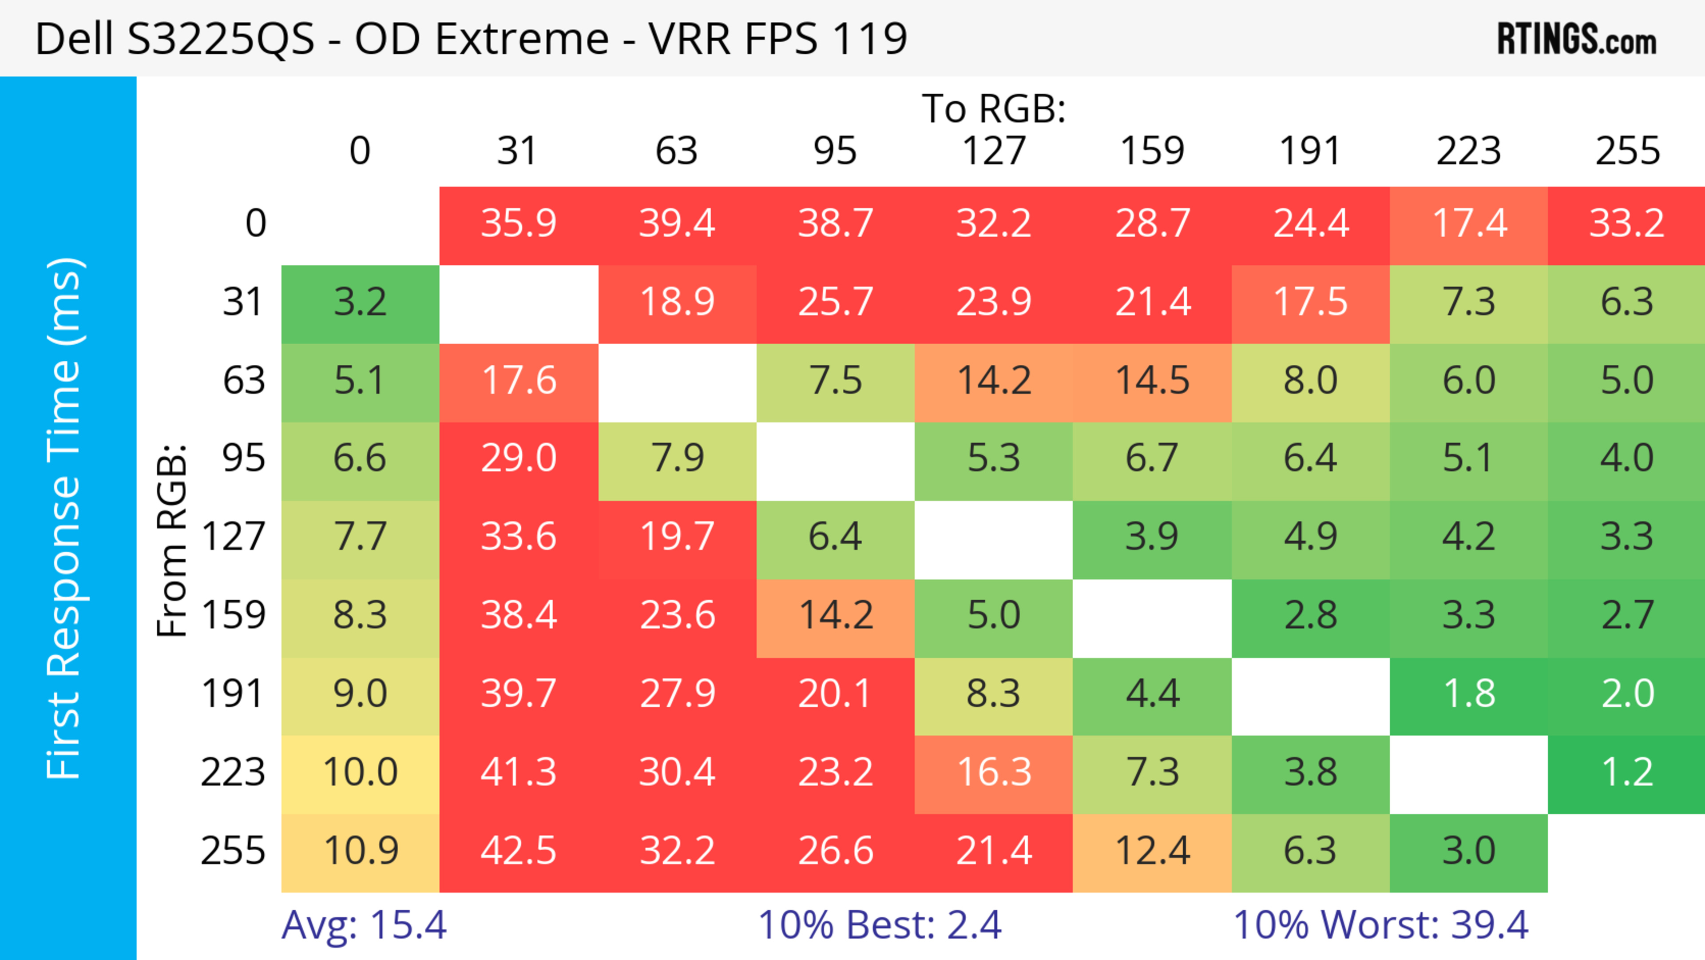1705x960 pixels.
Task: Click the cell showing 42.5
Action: (518, 852)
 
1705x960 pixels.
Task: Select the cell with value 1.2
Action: (1627, 773)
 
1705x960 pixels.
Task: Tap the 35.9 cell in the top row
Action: (518, 224)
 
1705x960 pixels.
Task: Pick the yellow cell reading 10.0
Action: (360, 773)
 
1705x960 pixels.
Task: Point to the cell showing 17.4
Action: (1469, 224)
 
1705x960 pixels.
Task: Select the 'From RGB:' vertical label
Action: (172, 540)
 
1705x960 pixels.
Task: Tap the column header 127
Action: (994, 151)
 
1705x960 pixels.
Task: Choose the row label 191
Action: (233, 694)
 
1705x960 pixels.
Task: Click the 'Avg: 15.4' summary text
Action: (364, 925)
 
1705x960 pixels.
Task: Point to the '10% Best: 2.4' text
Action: (879, 925)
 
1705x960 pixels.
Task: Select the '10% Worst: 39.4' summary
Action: (1381, 925)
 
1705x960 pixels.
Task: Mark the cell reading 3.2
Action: (360, 303)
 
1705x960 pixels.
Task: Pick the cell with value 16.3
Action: (994, 773)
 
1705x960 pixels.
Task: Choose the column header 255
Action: (1627, 151)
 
